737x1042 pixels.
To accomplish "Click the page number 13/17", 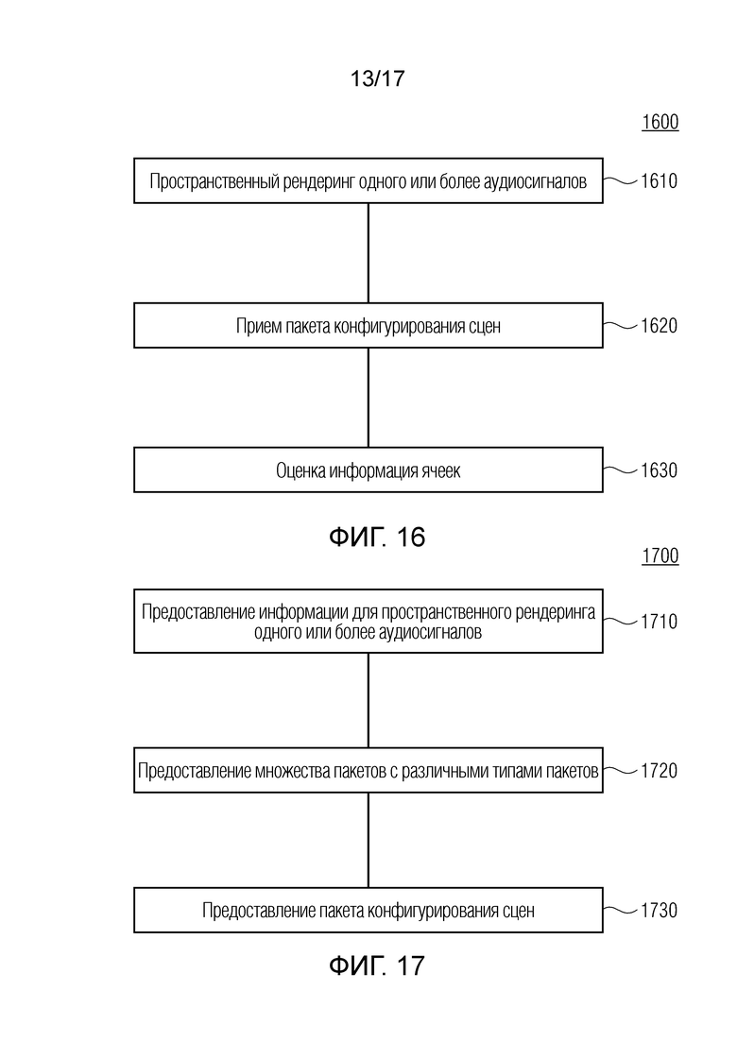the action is click(377, 78).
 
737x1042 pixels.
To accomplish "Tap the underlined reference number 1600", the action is click(660, 122).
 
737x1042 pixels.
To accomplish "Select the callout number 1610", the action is click(660, 180).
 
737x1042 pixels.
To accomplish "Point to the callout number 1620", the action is click(660, 326).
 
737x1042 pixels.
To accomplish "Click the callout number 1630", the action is click(660, 470).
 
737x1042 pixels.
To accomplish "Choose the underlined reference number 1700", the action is click(660, 555).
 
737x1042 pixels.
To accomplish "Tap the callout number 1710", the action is click(660, 622).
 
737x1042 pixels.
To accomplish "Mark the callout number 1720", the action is click(660, 771).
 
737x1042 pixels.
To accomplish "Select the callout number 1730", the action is click(660, 910).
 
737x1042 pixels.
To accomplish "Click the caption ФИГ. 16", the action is click(377, 537).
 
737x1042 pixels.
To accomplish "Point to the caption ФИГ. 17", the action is click(377, 965).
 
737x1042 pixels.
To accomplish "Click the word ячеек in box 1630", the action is click(440, 471).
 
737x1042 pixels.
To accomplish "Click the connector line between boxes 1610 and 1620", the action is click(368, 253).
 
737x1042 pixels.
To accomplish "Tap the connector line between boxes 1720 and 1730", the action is click(368, 840).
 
